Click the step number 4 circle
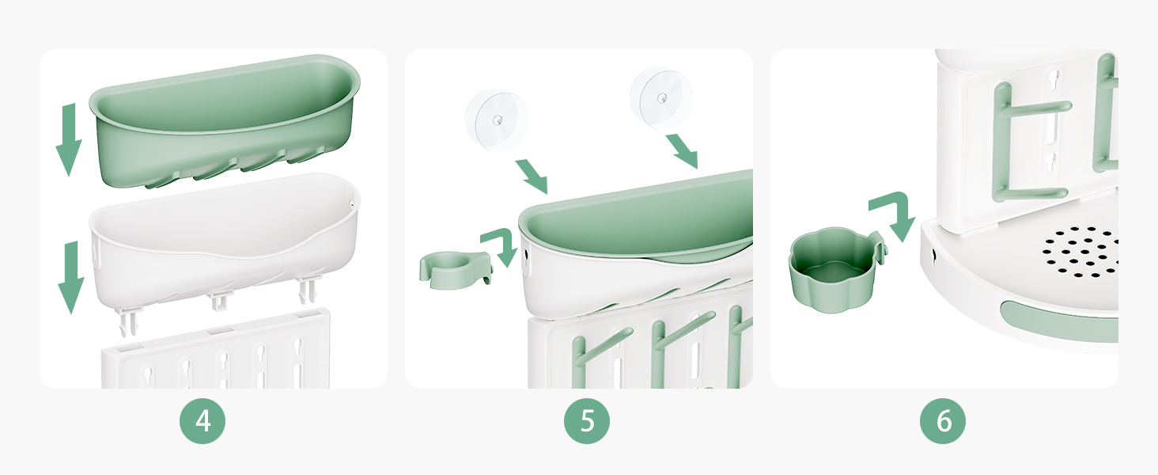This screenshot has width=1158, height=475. (x=202, y=420)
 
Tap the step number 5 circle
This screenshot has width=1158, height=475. (x=586, y=420)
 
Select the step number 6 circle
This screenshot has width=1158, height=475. (x=942, y=420)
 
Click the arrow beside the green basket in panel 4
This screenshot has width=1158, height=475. (x=69, y=139)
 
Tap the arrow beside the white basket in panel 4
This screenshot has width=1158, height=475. (x=71, y=277)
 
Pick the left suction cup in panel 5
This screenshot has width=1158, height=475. (x=497, y=120)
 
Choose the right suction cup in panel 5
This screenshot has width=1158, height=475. (x=661, y=98)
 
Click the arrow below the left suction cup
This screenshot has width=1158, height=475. (x=532, y=177)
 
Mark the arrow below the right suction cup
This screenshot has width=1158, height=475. (x=682, y=152)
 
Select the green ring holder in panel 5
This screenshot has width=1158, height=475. (x=455, y=269)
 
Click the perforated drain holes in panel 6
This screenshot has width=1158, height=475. (x=1080, y=252)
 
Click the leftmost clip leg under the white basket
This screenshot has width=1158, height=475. (x=129, y=322)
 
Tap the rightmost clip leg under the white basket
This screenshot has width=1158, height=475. (x=308, y=291)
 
